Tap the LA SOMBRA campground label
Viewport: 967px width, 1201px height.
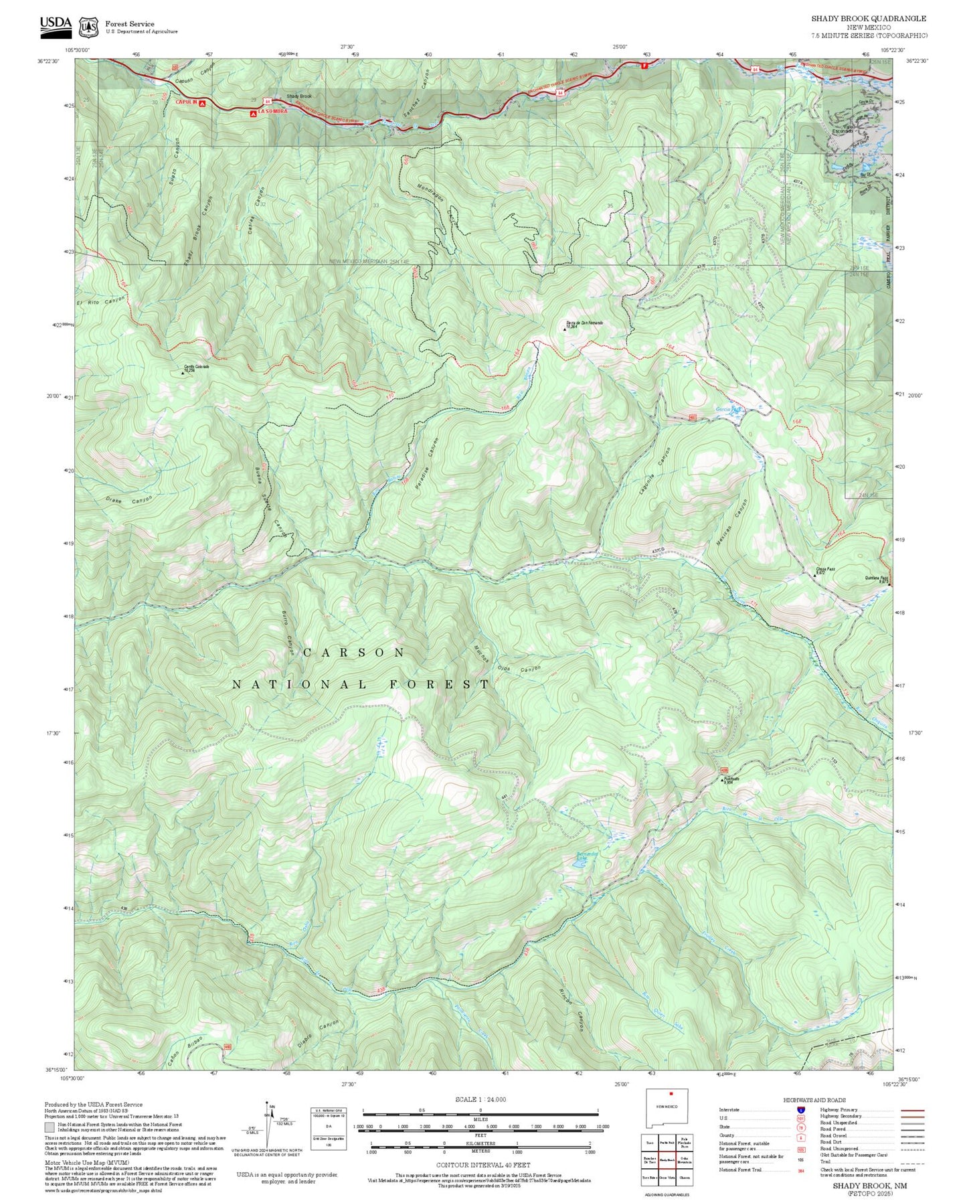[272, 111]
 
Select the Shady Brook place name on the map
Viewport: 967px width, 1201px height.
[298, 96]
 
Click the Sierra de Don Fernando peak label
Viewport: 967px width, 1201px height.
[584, 323]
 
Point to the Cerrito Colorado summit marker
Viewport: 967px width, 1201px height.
[183, 373]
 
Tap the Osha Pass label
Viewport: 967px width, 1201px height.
[825, 569]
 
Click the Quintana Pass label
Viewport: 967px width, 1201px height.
[876, 577]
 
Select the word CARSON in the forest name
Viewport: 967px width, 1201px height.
[354, 652]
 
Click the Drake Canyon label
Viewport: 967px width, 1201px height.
[129, 500]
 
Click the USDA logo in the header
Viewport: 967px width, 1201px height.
[56, 23]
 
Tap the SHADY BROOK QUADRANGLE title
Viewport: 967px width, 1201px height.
[869, 19]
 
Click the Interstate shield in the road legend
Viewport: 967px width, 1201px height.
[800, 1109]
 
